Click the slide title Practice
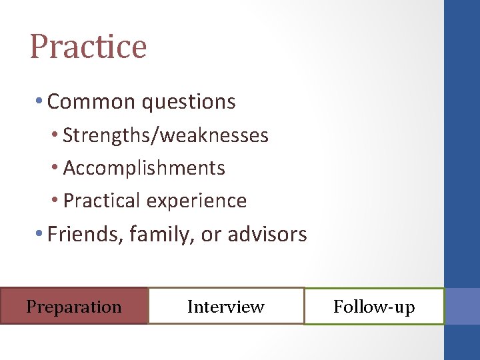tap(88, 47)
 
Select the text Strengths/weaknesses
tap(165, 135)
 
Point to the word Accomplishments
tap(144, 168)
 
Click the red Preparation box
tap(74, 306)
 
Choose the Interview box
tap(226, 306)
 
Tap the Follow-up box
tap(374, 307)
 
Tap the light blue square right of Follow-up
tap(462, 306)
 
